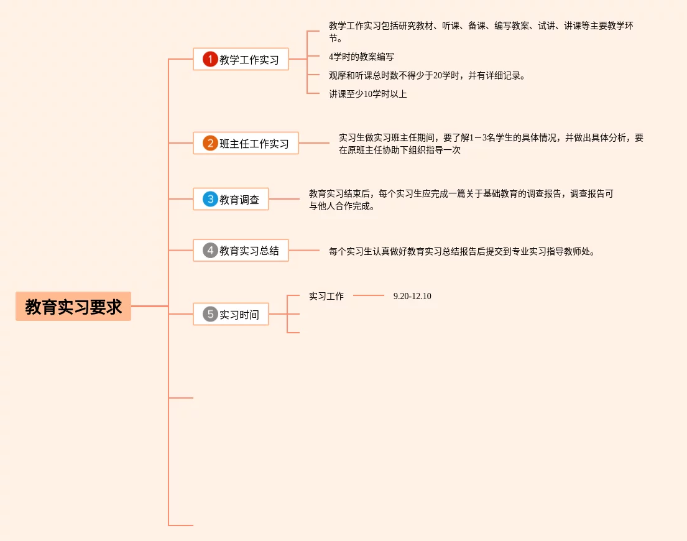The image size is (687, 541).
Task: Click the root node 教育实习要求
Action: pos(73,307)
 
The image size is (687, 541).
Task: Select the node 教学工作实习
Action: pos(249,60)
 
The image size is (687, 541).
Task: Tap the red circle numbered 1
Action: pos(210,60)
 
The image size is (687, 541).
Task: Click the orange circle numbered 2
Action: pos(210,144)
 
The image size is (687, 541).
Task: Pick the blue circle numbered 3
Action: pos(210,200)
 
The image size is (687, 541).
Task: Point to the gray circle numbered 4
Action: pos(210,251)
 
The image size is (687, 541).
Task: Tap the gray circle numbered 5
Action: pos(210,315)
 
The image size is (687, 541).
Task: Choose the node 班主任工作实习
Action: pos(254,144)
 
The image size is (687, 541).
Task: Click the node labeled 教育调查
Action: pos(239,200)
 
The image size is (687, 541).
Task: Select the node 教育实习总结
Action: pos(249,251)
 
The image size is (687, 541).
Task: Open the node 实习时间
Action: pos(239,315)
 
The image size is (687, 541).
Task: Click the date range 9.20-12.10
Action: pos(412,296)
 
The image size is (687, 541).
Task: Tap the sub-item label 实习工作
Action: pos(326,296)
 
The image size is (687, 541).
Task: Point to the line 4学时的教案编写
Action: pos(361,57)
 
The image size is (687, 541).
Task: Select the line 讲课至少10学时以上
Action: pos(367,94)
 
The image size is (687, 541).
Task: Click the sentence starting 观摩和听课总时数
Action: pos(426,75)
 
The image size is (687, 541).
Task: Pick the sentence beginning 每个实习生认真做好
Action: pos(461,251)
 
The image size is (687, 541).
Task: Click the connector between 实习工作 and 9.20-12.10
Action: pos(369,295)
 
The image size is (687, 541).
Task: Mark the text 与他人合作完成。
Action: pos(342,206)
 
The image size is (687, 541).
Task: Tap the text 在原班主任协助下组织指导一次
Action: pos(399,150)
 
